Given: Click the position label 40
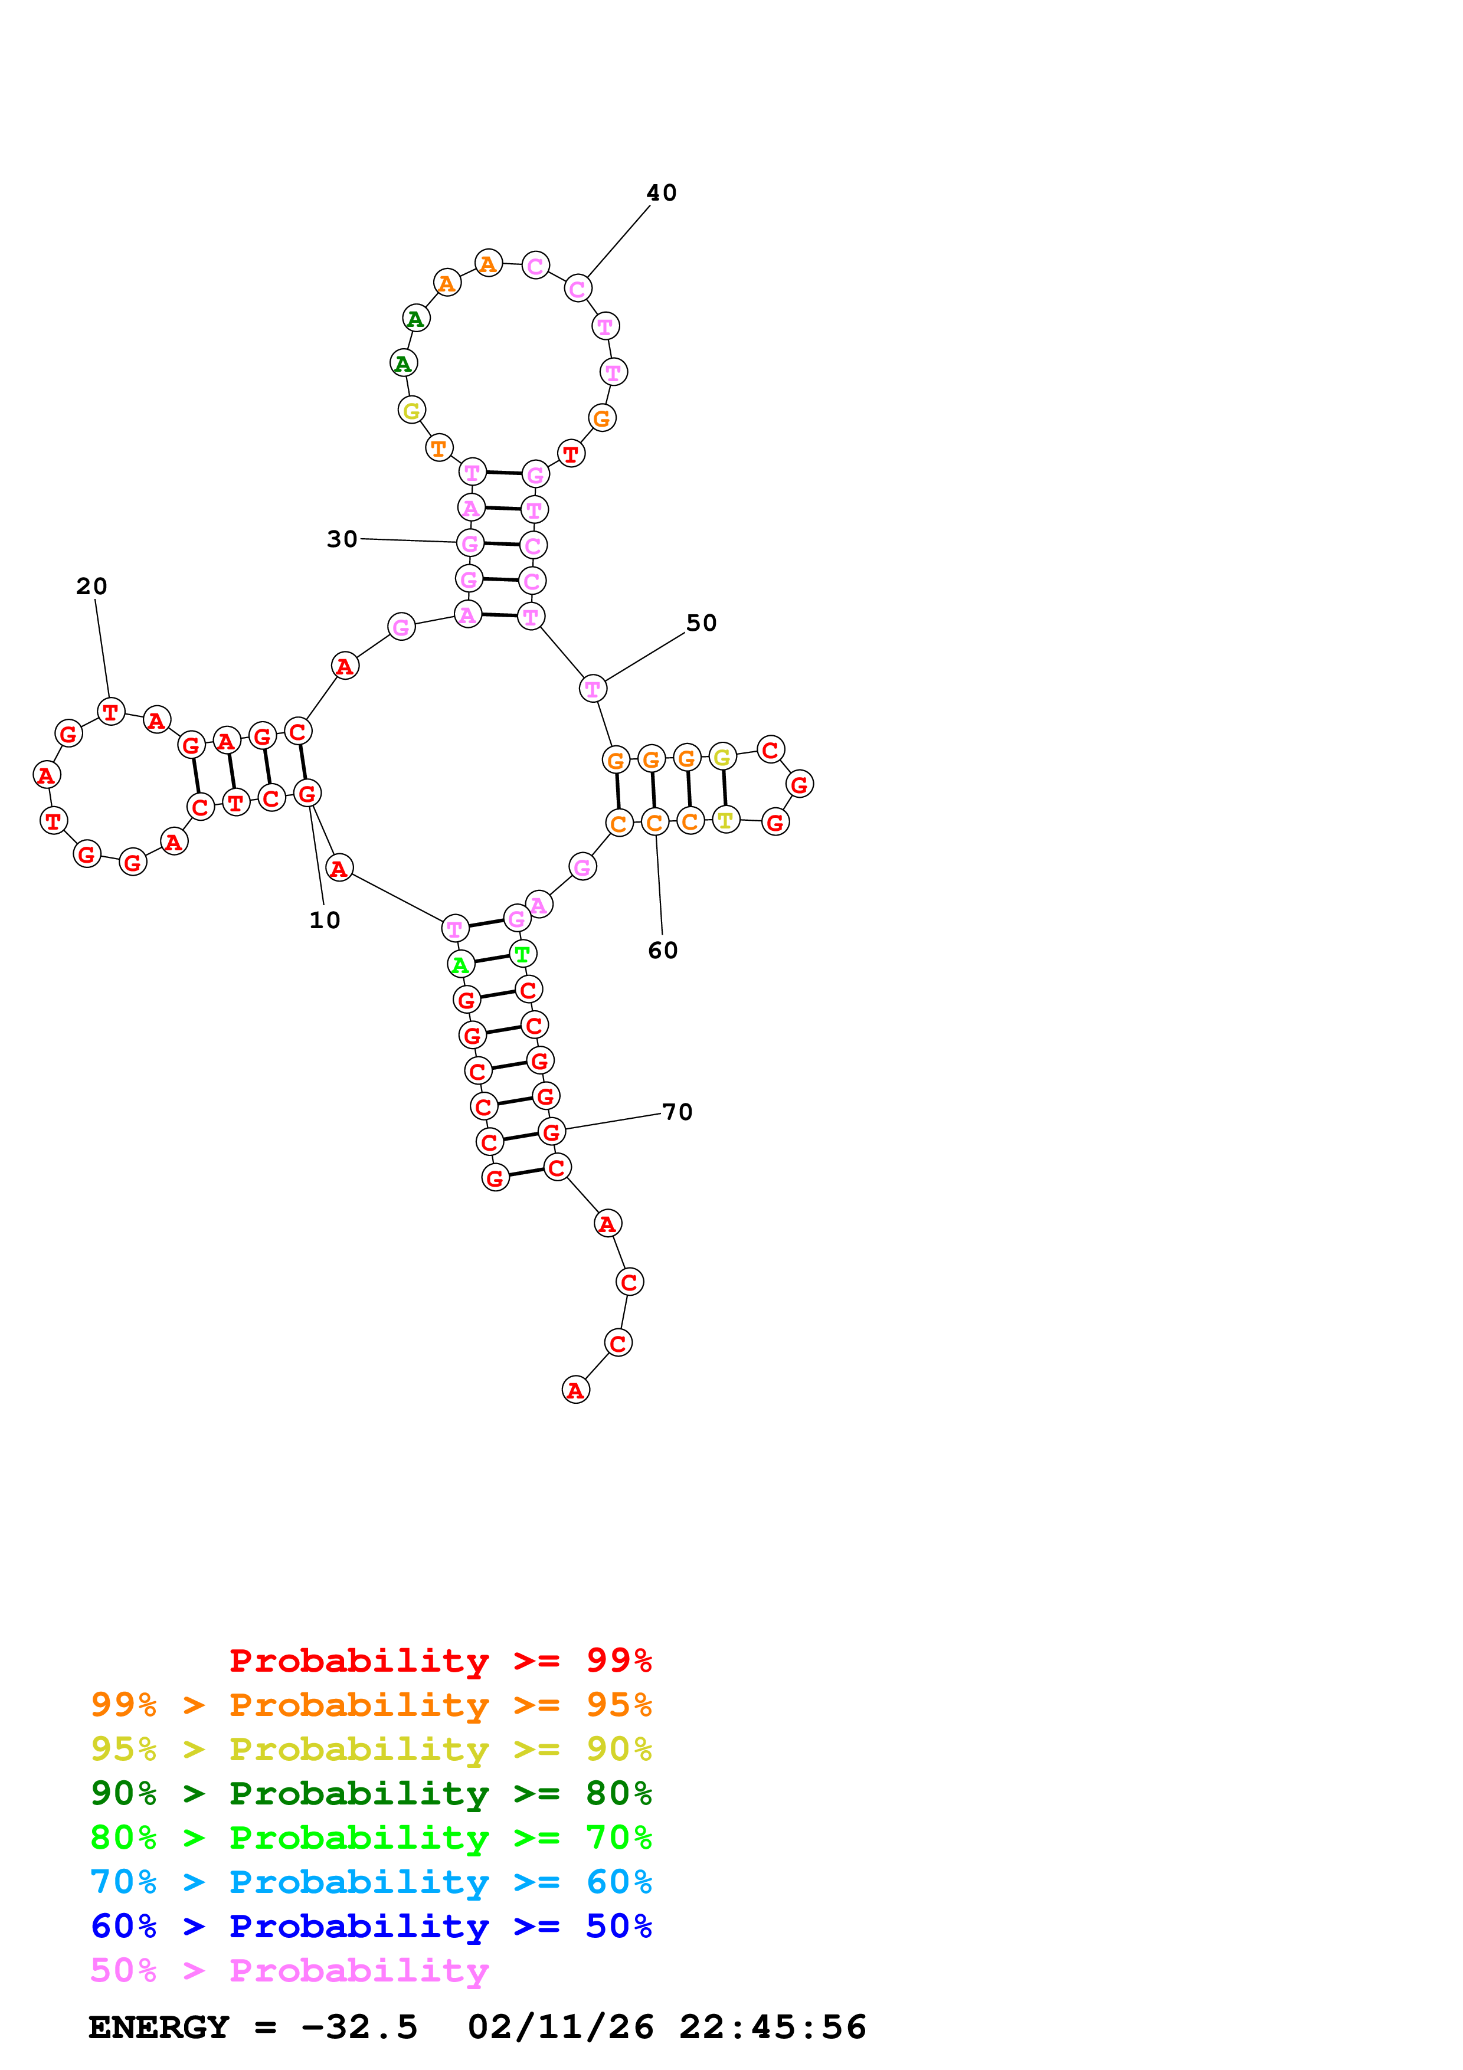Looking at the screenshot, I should coord(661,193).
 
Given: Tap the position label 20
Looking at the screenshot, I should coord(91,587).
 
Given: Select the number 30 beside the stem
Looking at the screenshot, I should coord(342,539).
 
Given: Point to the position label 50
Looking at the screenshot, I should coord(701,623).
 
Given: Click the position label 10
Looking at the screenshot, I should coord(325,921).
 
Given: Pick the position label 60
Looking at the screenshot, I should coord(663,950).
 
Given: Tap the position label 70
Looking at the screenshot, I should coord(677,1112).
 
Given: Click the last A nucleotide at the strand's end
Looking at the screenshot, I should coord(575,1390).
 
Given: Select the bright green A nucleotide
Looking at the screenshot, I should coord(461,965).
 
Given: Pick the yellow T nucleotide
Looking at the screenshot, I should coord(726,820).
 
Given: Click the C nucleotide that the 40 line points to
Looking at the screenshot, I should coord(578,289).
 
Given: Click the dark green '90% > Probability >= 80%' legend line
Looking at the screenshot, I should coord(371,1793).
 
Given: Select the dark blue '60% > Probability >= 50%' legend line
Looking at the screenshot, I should coord(371,1926).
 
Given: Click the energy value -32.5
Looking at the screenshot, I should coord(359,2027).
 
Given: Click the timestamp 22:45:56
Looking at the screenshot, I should coord(773,2027).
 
